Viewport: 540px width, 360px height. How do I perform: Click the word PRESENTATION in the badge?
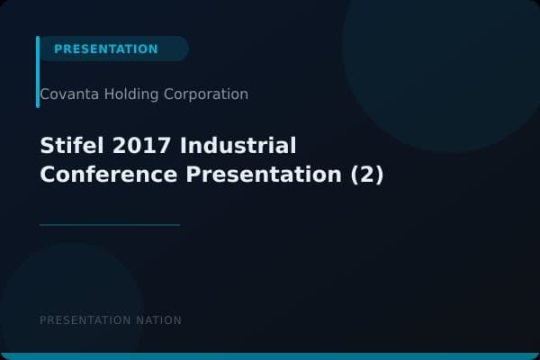(x=105, y=49)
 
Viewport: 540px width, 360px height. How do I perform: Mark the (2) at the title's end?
(x=366, y=175)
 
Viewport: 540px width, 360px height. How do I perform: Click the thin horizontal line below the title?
(x=110, y=224)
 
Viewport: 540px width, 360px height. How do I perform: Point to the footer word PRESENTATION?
(x=85, y=320)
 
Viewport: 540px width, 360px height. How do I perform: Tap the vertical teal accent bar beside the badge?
(x=38, y=72)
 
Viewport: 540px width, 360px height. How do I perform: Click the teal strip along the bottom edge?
(x=270, y=356)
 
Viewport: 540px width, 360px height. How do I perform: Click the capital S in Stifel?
(x=46, y=146)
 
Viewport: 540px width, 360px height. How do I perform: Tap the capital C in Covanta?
(x=45, y=94)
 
